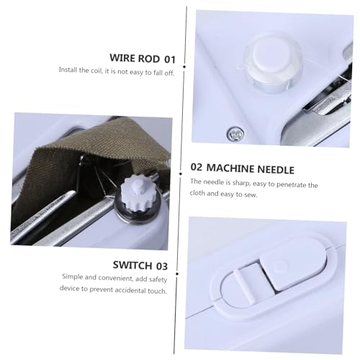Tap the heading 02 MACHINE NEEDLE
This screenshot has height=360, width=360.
(x=242, y=169)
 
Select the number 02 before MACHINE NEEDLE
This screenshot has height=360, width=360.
(x=197, y=169)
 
